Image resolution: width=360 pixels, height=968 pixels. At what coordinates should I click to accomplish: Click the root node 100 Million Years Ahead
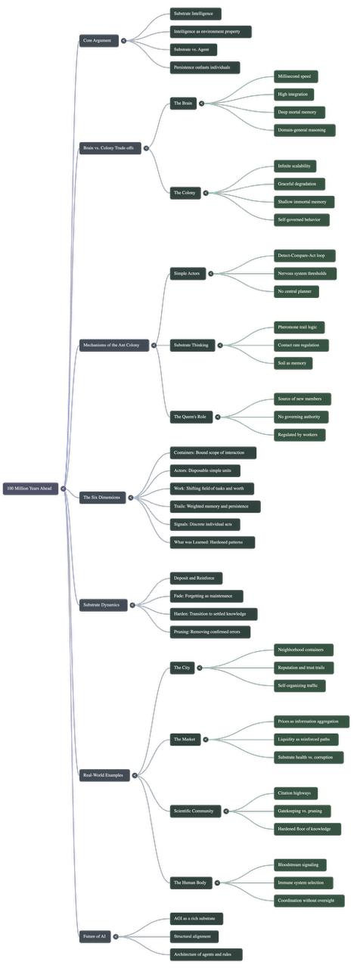coord(31,489)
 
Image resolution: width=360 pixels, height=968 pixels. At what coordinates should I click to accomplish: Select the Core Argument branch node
coord(99,41)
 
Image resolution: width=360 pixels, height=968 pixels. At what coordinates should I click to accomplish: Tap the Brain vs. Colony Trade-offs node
coord(110,148)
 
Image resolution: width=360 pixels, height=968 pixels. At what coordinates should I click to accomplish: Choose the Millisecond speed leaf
coord(296,76)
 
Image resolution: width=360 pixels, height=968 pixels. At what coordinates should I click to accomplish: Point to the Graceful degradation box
coord(299,184)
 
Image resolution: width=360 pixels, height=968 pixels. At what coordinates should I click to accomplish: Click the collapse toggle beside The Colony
coord(206,193)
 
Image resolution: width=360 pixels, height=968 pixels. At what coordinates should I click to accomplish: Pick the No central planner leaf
coord(296,292)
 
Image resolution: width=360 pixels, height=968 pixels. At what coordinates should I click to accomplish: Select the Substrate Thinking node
coord(192,346)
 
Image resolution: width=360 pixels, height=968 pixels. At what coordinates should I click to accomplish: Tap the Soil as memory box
coord(293,364)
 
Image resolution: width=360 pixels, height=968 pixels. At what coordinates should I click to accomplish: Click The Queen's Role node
coord(191,417)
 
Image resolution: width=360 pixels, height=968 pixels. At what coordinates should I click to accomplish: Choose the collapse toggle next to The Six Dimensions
coord(131,498)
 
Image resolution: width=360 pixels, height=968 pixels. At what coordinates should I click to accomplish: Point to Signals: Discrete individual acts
coord(205,525)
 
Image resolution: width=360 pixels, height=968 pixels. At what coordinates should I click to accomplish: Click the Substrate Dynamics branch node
coord(104,605)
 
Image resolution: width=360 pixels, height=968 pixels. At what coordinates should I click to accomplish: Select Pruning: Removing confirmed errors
coord(210,631)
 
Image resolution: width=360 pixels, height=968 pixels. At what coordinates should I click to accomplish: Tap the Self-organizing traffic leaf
coord(299,686)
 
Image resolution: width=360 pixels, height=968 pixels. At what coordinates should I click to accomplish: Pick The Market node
coord(185,740)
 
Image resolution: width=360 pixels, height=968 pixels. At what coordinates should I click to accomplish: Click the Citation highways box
coord(296,793)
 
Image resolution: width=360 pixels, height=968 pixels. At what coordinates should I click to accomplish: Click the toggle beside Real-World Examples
coord(135,775)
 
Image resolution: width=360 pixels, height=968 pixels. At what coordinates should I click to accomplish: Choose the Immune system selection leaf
coord(304,883)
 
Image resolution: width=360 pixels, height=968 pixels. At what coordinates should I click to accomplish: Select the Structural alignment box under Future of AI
coord(194,936)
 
